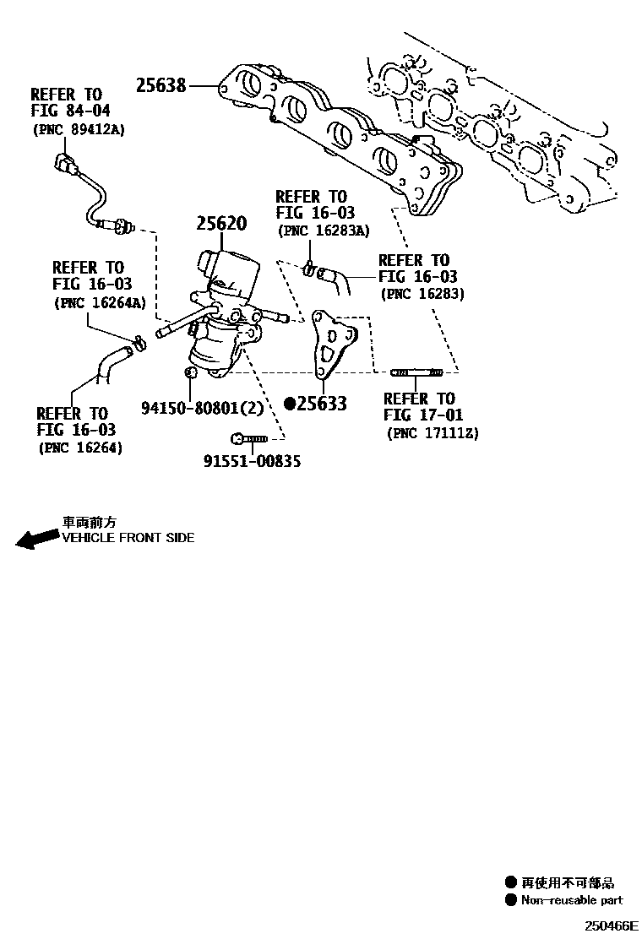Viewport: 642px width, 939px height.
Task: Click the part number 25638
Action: pos(161,84)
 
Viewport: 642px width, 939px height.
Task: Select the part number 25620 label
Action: pos(221,224)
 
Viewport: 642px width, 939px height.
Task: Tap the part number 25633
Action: pos(322,404)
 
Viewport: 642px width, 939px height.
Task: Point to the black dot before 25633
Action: pos(290,404)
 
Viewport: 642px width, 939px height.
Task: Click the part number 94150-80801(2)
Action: pos(203,407)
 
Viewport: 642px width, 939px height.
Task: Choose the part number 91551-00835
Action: pos(252,461)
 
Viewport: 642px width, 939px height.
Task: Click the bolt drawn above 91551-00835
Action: pos(248,438)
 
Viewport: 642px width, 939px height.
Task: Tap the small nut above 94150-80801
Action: pos(190,372)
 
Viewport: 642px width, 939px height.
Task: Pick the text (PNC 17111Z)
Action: pos(433,433)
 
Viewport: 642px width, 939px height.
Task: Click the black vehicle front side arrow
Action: pos(36,539)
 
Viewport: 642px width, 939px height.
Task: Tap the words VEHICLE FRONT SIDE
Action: pos(128,538)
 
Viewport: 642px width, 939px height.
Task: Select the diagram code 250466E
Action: pos(609,925)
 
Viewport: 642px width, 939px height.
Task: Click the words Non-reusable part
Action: pos(572,901)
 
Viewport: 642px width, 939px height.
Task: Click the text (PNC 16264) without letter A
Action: pos(79,448)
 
